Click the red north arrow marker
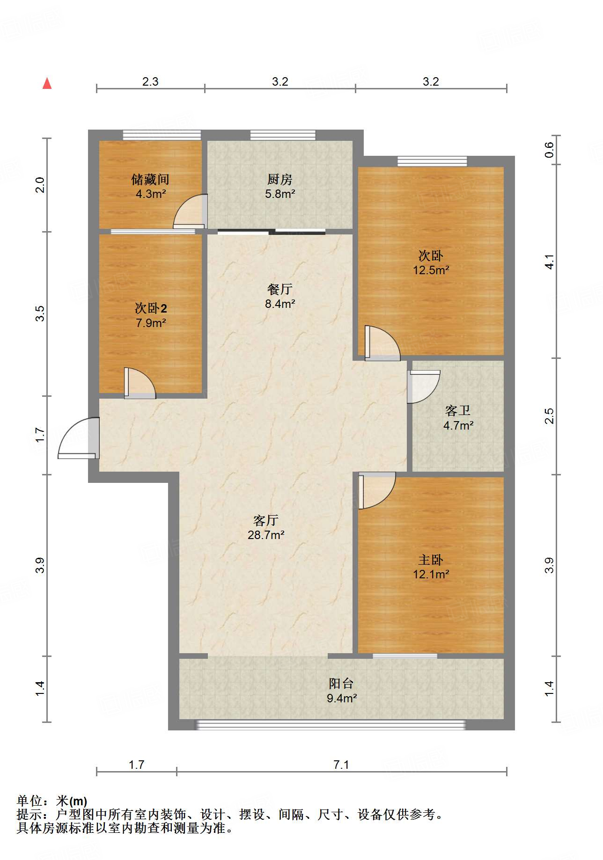click(x=47, y=83)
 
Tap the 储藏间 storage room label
click(x=150, y=179)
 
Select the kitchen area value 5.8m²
click(x=280, y=194)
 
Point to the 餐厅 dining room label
click(x=280, y=289)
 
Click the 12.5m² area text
click(x=431, y=270)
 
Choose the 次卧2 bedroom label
click(x=151, y=308)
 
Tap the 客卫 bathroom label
click(x=458, y=411)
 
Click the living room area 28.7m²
click(x=266, y=535)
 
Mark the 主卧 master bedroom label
click(x=431, y=560)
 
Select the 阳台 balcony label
click(x=341, y=684)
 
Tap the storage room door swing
click(x=190, y=211)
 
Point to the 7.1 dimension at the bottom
click(x=341, y=765)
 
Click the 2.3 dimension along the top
click(x=150, y=81)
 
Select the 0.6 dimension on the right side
click(x=549, y=150)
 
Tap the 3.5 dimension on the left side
click(x=40, y=313)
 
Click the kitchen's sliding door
click(x=272, y=231)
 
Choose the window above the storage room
click(x=162, y=135)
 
